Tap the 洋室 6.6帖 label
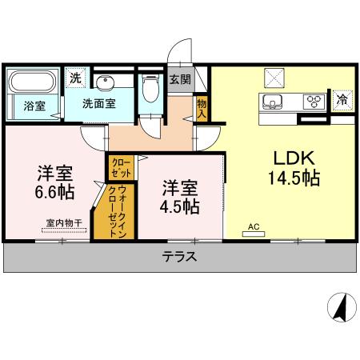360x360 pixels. tap(54, 182)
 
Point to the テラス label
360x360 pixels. tap(179, 258)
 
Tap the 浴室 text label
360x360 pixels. tap(34, 104)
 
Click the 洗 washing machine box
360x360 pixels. tap(74, 78)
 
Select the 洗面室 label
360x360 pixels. tap(99, 103)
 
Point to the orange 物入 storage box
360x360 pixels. tap(202, 107)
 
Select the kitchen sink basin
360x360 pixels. tap(270, 102)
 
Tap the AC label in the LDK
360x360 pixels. tap(254, 226)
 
